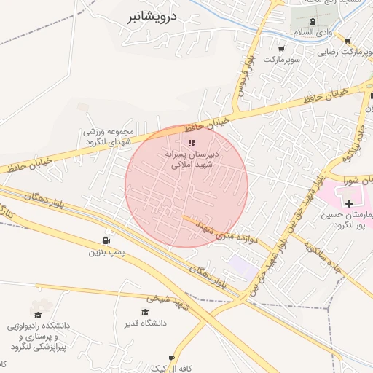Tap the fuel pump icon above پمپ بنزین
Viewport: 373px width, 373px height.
coord(108,240)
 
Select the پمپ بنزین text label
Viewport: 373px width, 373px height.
coord(103,252)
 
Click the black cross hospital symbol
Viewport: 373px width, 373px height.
coord(349,203)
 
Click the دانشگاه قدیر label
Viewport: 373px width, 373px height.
coord(146,323)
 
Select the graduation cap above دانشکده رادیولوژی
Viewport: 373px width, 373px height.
coord(37,314)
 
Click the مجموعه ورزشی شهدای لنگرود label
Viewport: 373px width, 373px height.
coord(106,136)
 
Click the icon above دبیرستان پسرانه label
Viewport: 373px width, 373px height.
coord(192,143)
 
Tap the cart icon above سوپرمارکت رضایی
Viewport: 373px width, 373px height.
coord(348,41)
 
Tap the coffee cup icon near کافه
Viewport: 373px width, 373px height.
coord(171,358)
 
